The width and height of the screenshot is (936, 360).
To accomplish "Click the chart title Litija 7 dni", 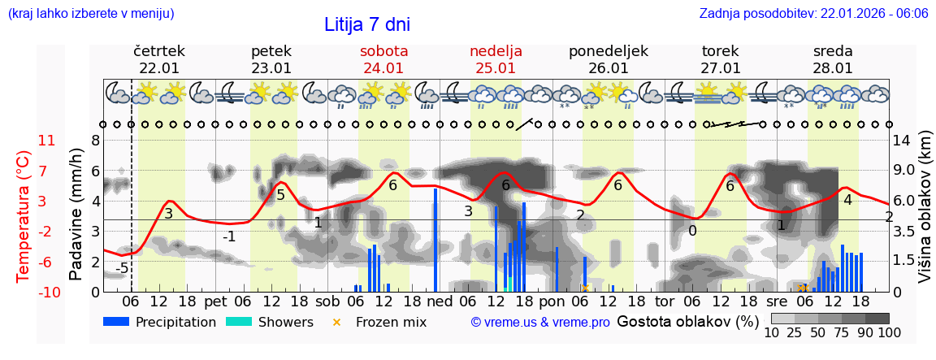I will [367, 24].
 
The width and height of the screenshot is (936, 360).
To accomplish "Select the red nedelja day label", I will [496, 51].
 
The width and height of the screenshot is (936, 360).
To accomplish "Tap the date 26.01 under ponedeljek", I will [609, 68].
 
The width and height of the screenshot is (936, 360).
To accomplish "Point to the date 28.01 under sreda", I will [833, 68].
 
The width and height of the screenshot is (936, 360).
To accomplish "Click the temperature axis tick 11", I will [46, 141].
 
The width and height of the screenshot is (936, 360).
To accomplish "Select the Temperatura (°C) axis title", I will [24, 216].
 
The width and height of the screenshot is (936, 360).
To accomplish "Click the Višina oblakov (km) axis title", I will [925, 216].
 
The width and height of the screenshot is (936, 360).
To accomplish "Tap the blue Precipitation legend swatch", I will [116, 322].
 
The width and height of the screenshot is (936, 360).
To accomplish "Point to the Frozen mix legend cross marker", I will [336, 322].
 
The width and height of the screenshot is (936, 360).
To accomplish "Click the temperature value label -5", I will [122, 268].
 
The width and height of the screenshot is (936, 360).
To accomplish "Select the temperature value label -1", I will [229, 236].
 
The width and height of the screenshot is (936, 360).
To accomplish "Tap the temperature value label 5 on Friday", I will [280, 194].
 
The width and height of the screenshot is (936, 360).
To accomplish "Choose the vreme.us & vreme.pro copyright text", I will [540, 323].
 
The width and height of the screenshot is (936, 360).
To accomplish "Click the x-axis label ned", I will [440, 301].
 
